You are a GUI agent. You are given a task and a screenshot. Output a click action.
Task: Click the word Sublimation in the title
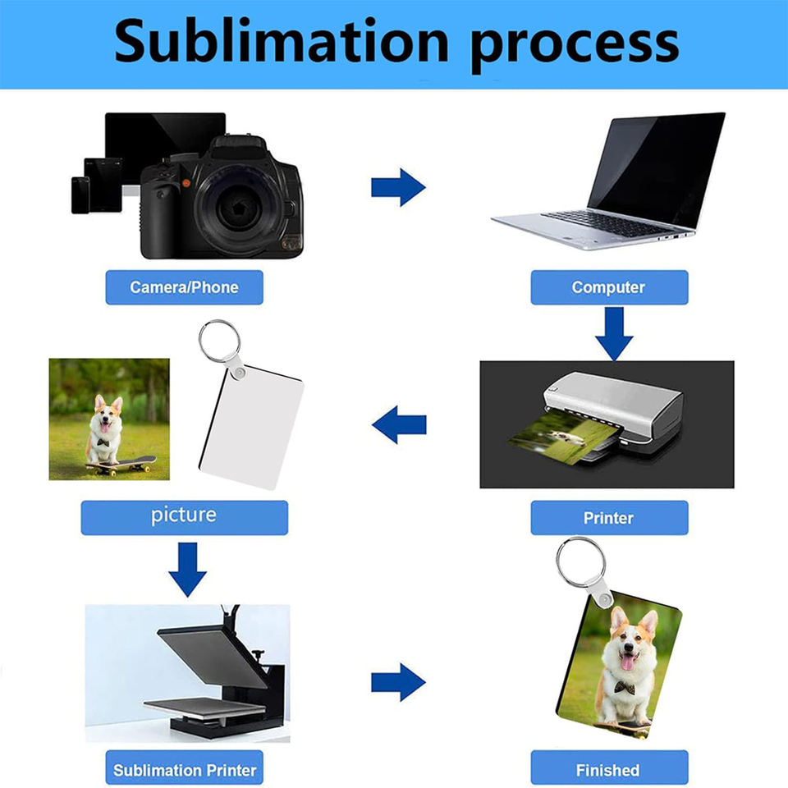click(x=282, y=40)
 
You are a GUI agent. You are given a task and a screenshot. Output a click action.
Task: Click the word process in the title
click(x=575, y=45)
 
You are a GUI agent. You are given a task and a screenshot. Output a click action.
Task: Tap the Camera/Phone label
click(x=184, y=287)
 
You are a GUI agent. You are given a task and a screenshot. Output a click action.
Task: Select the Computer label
click(x=609, y=287)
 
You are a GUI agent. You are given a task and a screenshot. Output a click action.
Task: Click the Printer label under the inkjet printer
click(x=609, y=518)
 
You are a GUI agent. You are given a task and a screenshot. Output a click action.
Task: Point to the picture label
click(x=184, y=518)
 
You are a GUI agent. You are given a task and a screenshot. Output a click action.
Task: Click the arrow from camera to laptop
click(x=398, y=187)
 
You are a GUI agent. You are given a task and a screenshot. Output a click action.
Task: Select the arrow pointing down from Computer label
click(x=614, y=334)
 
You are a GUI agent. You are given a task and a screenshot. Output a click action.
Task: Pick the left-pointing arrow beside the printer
click(x=399, y=424)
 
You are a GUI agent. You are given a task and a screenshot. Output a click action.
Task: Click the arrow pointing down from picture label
click(x=187, y=570)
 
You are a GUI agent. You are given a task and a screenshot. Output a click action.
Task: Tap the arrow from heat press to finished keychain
click(x=398, y=682)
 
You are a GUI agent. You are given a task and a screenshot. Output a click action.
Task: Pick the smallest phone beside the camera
click(x=80, y=195)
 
